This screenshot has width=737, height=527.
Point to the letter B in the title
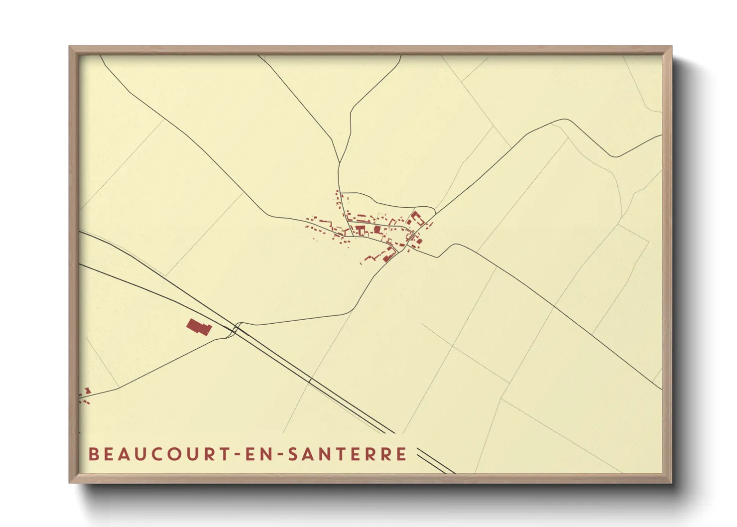click(93, 454)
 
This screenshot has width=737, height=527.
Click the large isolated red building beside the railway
click(199, 327)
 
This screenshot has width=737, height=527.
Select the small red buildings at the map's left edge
click(85, 396)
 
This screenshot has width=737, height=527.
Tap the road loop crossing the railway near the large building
click(236, 329)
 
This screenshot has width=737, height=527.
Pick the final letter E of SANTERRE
click(402, 454)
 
